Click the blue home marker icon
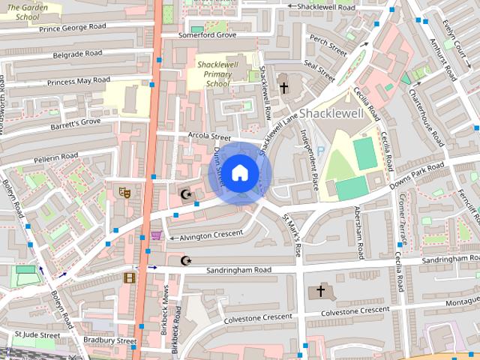(239, 173)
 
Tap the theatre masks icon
(124, 193)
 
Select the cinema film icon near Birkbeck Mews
(128, 277)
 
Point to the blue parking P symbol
(321, 151)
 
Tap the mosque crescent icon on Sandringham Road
(186, 260)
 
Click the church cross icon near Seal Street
(283, 88)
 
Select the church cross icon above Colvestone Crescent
(321, 291)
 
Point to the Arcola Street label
(209, 136)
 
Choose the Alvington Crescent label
(211, 235)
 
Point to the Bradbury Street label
(109, 340)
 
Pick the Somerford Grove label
(207, 35)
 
